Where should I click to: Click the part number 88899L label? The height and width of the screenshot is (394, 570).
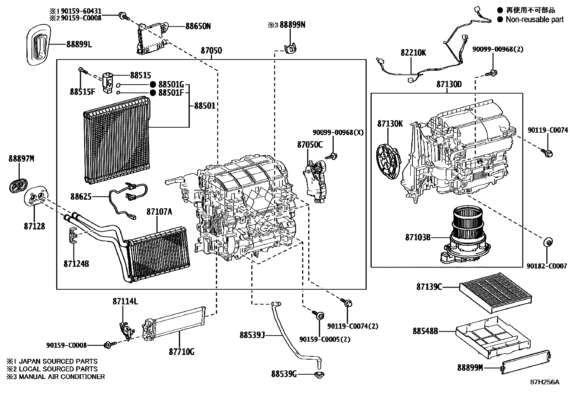(x=79, y=44)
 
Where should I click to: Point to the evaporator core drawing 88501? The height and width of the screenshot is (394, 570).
(x=116, y=138)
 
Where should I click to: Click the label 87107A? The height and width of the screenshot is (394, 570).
(x=159, y=212)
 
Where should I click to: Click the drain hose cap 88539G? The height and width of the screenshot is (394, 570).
(x=318, y=375)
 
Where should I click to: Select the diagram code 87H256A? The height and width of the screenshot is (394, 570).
(x=544, y=382)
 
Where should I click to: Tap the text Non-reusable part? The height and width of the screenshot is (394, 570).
(x=534, y=20)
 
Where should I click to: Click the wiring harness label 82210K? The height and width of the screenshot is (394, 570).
(x=413, y=53)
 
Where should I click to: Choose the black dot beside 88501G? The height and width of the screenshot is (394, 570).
(x=153, y=85)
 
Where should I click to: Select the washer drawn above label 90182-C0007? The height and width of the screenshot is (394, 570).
(x=547, y=242)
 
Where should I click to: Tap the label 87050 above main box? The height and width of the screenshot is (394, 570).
(x=211, y=51)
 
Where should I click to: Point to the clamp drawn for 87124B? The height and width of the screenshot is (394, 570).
(x=72, y=235)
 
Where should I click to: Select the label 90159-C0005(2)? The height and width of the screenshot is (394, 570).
(x=325, y=339)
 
